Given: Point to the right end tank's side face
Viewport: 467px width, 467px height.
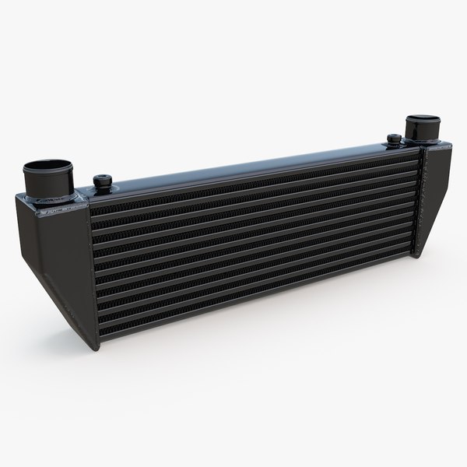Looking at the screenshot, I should [x=437, y=195].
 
